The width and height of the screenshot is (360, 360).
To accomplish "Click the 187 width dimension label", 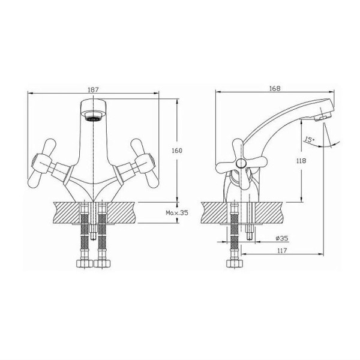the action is [x=93, y=89].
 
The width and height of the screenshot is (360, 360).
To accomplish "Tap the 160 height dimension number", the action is [x=177, y=151].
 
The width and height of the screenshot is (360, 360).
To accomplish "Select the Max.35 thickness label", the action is [x=177, y=213].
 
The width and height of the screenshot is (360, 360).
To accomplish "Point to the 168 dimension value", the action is [x=275, y=88].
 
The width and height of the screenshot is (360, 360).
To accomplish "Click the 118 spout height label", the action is [x=301, y=161].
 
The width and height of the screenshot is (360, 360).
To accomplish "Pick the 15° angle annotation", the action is [x=310, y=140].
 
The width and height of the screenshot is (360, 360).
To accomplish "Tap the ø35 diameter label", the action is [x=282, y=238].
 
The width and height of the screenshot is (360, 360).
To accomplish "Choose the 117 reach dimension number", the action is [x=282, y=250].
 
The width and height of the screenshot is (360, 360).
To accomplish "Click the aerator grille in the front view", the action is [x=93, y=119].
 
